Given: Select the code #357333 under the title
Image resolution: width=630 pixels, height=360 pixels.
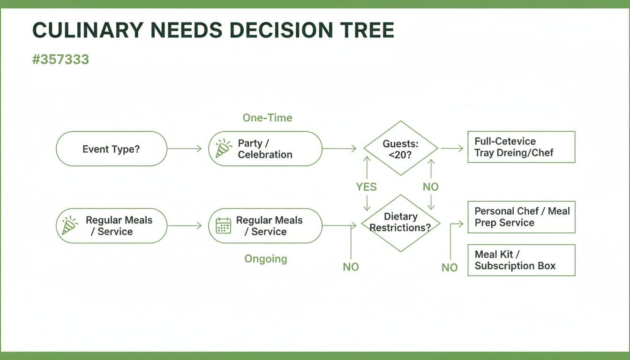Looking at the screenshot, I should (60, 60).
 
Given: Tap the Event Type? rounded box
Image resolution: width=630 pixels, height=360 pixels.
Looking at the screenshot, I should (111, 149).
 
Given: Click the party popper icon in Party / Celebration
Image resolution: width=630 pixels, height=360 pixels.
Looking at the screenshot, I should (223, 148).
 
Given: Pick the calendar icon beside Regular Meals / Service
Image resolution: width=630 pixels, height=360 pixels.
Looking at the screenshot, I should (223, 225).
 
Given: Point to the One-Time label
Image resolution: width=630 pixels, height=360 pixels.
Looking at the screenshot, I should (267, 118).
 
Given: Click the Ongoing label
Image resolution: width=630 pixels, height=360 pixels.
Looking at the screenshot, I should (266, 259).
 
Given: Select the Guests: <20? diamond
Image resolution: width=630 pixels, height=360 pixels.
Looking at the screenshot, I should (400, 149).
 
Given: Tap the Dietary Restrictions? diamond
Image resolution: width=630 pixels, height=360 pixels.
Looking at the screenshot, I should (400, 223).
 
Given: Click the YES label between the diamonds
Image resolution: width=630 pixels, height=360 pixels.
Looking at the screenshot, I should (366, 187).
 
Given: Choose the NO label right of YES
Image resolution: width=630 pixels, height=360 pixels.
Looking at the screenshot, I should (430, 187).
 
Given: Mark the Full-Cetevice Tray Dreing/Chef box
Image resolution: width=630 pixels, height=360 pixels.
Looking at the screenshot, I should (521, 147).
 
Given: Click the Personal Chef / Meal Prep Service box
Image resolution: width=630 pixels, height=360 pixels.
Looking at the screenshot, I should (521, 217).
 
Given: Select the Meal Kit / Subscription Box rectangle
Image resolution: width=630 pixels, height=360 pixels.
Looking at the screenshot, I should (521, 260).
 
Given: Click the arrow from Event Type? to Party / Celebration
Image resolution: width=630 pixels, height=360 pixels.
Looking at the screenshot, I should (184, 149).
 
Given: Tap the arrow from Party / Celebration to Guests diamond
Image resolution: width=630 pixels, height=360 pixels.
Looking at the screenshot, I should (339, 149).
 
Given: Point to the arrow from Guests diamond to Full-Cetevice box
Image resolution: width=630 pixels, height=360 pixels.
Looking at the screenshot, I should (452, 149).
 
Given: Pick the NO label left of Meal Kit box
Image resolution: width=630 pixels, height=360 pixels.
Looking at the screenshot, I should (449, 268).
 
